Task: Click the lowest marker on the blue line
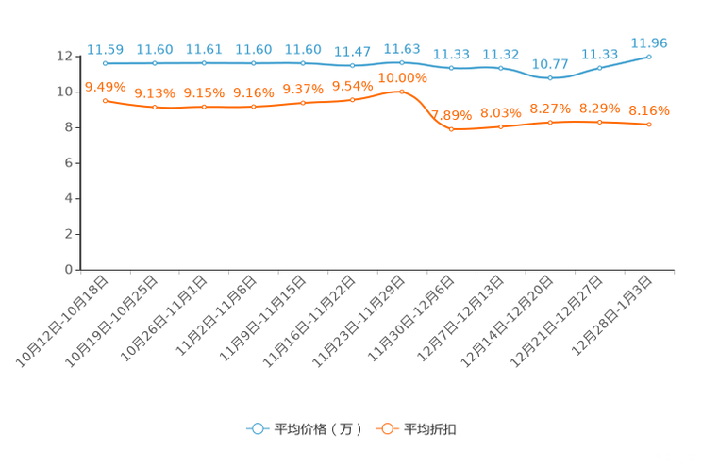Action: click(x=550, y=78)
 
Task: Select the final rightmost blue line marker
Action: click(x=649, y=57)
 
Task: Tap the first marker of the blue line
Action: click(x=105, y=63)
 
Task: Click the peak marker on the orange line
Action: click(x=402, y=92)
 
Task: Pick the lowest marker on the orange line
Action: click(x=452, y=128)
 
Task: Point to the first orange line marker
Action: click(x=105, y=99)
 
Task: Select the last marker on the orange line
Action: click(x=649, y=125)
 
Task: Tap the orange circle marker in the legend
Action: click(x=387, y=428)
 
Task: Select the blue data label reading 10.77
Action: click(x=550, y=64)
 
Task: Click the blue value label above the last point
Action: click(x=649, y=42)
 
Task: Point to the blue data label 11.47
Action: click(x=353, y=51)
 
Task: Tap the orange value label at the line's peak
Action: click(x=403, y=77)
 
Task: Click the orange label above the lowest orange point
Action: click(x=452, y=114)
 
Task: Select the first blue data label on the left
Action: click(x=105, y=49)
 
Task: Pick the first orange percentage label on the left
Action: click(x=105, y=86)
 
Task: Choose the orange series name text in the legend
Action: click(x=430, y=429)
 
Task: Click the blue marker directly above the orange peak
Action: click(x=402, y=62)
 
